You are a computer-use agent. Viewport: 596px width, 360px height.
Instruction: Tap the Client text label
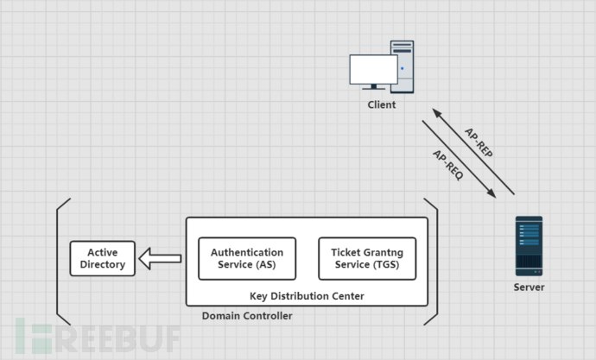point(381,105)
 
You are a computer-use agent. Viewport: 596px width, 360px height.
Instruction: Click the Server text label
point(529,287)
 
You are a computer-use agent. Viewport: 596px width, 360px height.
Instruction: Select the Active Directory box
point(103,258)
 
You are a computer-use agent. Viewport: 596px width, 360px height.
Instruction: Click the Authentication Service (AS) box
point(247,258)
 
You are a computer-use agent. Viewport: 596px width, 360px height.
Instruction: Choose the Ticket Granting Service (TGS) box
point(367,258)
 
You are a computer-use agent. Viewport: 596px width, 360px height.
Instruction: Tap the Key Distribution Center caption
point(307,296)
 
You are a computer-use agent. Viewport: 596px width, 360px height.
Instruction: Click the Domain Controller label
point(247,317)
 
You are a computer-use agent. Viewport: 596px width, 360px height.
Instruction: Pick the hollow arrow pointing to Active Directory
point(162,257)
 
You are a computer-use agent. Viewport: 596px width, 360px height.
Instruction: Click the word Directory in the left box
point(103,265)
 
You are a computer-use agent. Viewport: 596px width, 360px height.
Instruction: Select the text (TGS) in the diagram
point(397,265)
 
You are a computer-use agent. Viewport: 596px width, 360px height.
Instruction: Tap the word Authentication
point(247,252)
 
